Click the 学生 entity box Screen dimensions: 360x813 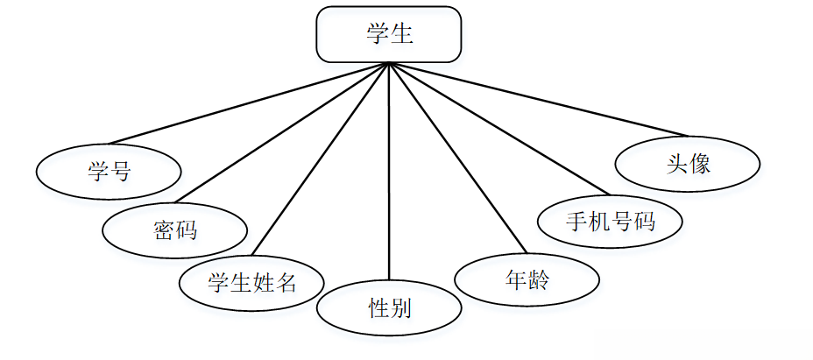(388, 35)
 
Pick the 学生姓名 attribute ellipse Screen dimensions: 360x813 (251, 282)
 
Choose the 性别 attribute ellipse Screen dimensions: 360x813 (388, 307)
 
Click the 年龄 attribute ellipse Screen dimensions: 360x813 (527, 280)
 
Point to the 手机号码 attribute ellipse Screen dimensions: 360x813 (610, 220)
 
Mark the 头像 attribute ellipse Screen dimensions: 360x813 (688, 163)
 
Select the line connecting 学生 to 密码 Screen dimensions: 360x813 (280, 131)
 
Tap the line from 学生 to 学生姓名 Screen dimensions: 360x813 (320, 162)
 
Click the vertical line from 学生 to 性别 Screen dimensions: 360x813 (388, 175)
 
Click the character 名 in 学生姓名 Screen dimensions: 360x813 (285, 282)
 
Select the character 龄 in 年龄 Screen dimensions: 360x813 (539, 280)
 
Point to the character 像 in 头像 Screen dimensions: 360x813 (699, 163)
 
